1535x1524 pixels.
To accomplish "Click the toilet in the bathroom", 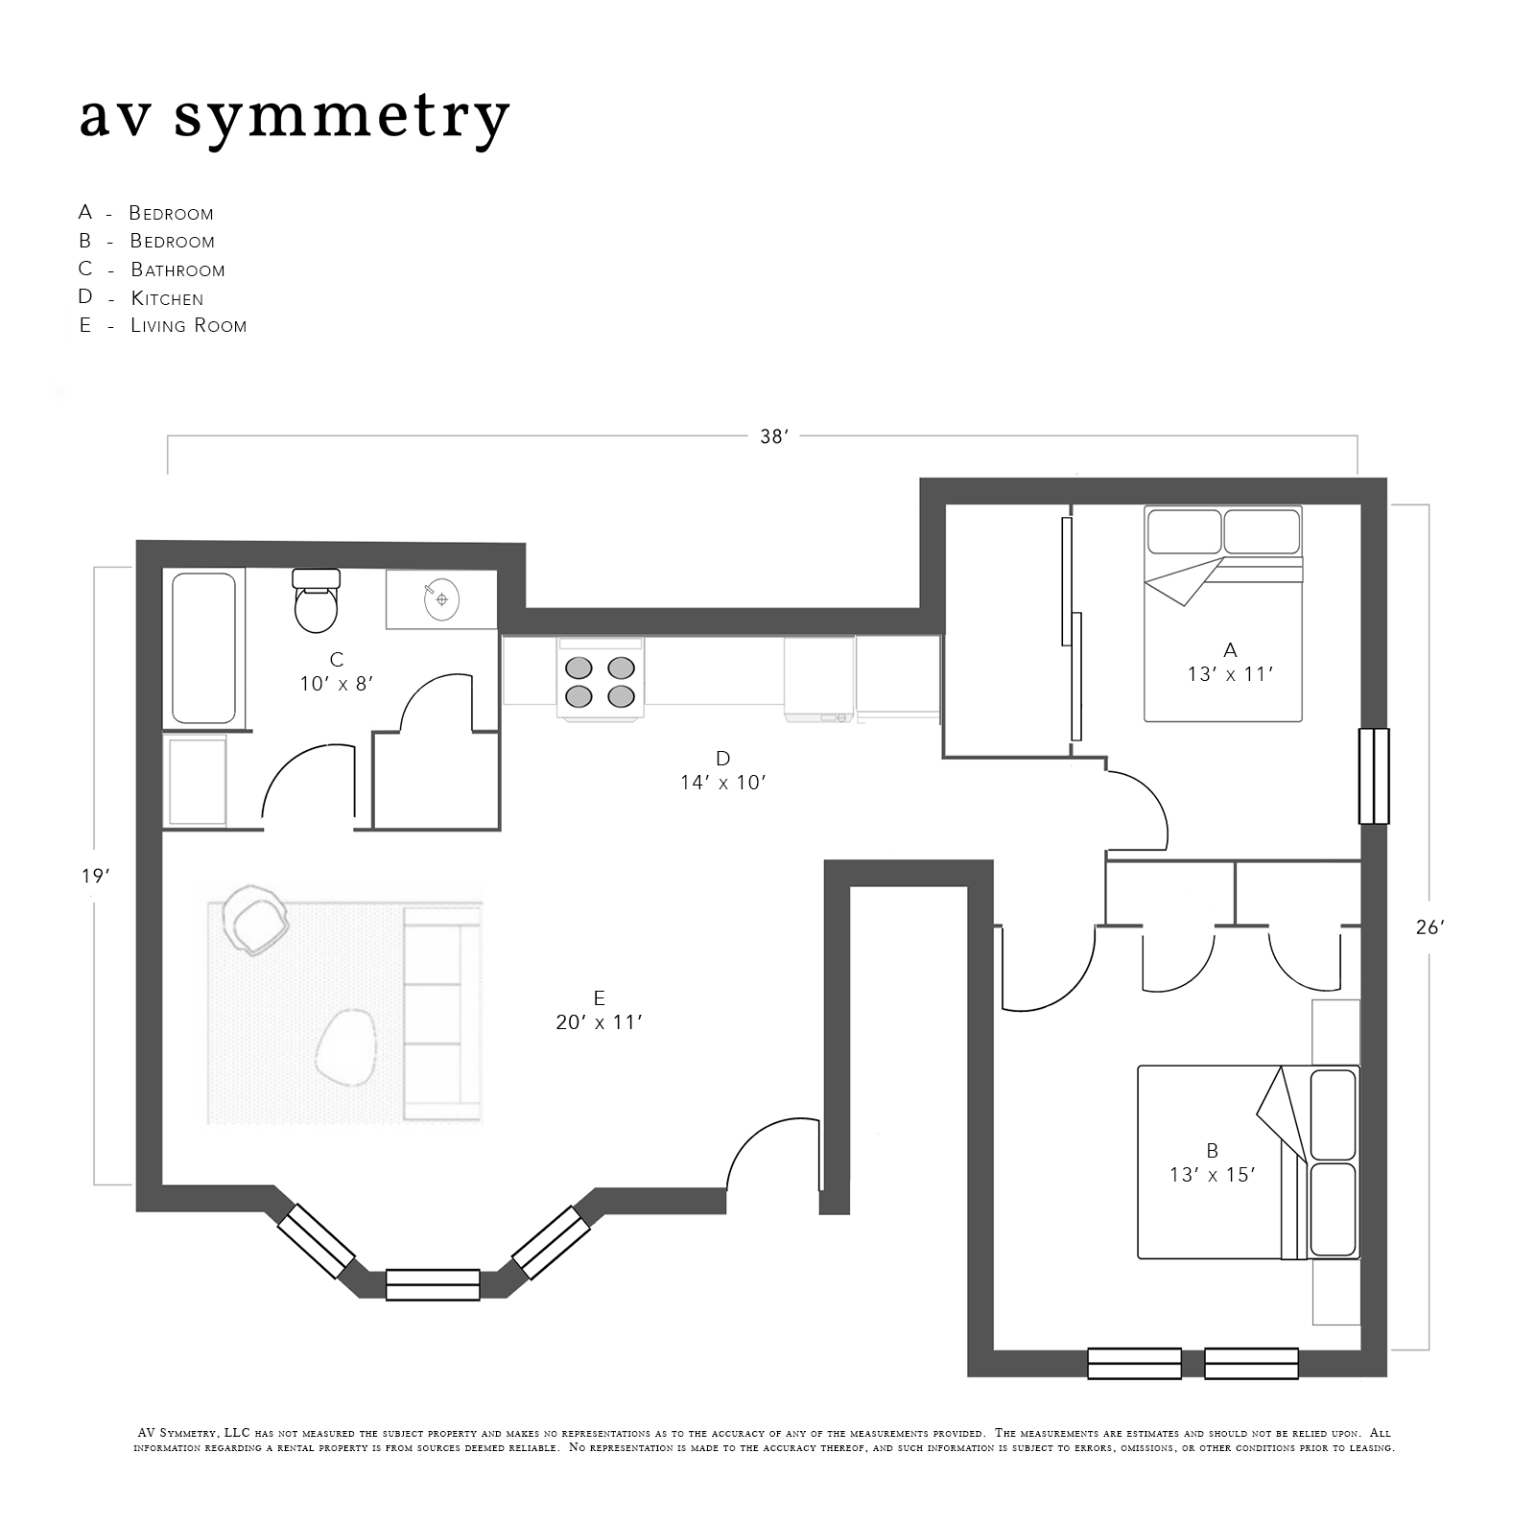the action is [317, 600].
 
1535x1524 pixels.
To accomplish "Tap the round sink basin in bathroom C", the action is [441, 599].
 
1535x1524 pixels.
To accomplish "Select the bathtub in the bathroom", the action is [203, 648].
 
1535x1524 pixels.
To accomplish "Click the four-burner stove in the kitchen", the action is [601, 679].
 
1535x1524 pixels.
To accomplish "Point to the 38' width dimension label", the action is [773, 436].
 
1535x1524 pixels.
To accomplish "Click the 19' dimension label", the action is [93, 876].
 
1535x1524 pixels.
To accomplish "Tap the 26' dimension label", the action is [1429, 927].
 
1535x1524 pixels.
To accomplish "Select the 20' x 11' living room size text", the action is [599, 1022].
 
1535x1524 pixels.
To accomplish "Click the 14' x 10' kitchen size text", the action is [723, 783].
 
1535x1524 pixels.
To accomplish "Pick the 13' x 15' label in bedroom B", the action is [1213, 1175].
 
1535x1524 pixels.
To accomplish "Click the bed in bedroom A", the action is [1223, 614].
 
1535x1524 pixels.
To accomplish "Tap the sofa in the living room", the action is [442, 1012].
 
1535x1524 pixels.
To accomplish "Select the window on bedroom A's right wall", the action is [1375, 776].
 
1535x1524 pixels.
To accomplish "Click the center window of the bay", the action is [433, 1284].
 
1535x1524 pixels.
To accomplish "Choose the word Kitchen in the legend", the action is [167, 298].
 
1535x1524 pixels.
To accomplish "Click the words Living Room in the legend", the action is [189, 326].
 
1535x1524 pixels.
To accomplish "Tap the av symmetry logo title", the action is [294, 117].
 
